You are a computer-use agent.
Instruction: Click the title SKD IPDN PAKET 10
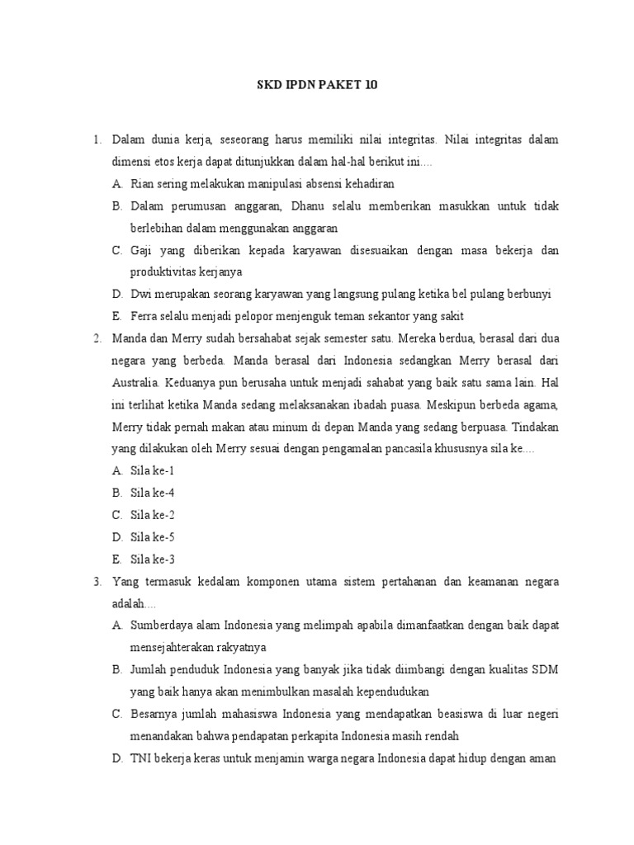click(317, 85)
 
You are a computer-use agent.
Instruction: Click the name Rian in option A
click(142, 183)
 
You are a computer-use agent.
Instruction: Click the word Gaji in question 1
click(142, 250)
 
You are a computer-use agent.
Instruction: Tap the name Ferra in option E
click(144, 316)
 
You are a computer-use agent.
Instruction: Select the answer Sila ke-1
click(153, 471)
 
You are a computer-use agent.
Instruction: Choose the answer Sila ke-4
click(153, 493)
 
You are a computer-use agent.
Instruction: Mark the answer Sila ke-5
click(153, 537)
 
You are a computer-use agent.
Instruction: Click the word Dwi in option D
click(140, 294)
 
